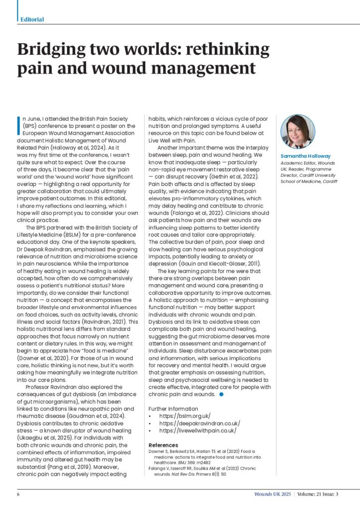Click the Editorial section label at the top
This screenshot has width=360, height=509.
[x=32, y=19]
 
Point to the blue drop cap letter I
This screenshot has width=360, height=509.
[x=19, y=122]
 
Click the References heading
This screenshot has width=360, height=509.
[x=164, y=445]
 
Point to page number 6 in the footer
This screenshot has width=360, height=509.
[x=18, y=494]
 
